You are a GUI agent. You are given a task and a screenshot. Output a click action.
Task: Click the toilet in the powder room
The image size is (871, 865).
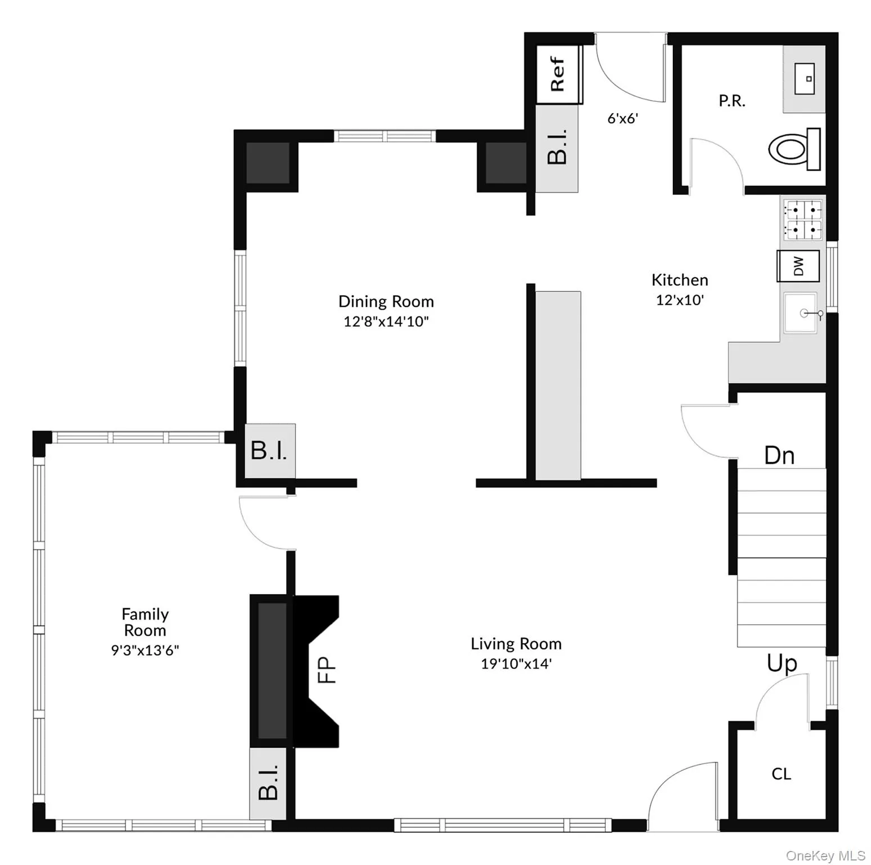[x=794, y=149]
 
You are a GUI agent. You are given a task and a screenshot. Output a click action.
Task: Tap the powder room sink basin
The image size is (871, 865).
[x=805, y=79]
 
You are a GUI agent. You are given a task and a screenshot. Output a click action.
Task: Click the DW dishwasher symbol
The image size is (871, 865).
[x=798, y=266]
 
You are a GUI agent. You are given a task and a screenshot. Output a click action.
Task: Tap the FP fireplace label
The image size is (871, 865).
[x=327, y=670]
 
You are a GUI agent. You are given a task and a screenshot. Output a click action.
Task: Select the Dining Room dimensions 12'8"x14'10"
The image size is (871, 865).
[x=386, y=322]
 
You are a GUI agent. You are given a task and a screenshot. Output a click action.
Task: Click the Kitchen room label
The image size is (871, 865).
[x=680, y=280]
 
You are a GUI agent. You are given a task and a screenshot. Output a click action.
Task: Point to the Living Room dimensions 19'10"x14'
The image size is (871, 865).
[x=516, y=663]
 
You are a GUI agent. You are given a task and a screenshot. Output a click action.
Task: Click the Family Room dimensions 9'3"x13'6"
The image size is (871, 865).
[x=145, y=650]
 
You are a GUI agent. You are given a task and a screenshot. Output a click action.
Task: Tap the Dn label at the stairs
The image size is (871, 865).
[x=779, y=455]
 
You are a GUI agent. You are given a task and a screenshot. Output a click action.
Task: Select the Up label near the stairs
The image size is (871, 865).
[x=781, y=663]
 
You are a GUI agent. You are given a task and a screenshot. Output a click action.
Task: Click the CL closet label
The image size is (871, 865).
[x=781, y=774]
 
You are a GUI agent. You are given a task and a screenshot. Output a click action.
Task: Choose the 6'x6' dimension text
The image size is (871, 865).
[x=622, y=118]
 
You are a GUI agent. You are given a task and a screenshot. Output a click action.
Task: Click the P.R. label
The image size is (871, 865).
[x=732, y=101]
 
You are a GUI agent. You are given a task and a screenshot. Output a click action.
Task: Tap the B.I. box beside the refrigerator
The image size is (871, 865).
[x=557, y=148]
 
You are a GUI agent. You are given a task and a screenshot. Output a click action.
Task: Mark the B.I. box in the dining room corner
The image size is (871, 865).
[x=270, y=451]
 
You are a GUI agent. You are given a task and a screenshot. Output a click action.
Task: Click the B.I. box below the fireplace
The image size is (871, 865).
[x=269, y=783]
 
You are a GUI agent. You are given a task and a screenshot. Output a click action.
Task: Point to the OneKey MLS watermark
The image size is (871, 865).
[x=825, y=855]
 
